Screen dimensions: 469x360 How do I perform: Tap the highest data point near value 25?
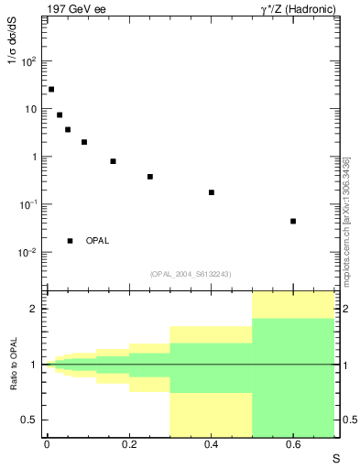pos(51,90)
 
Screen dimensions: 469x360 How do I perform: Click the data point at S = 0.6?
pos(293,221)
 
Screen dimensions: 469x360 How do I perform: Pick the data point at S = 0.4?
pos(212,192)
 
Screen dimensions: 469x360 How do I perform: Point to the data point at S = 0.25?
pos(149,176)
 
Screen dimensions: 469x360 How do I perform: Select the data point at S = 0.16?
pos(113,161)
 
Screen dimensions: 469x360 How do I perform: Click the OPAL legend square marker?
pos(70,241)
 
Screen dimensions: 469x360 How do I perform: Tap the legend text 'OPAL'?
pos(97,241)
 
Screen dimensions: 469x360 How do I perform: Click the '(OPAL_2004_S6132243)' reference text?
pos(190,274)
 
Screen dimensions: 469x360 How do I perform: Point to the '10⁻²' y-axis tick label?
pos(27,252)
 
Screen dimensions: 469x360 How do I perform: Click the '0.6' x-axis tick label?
pos(293,444)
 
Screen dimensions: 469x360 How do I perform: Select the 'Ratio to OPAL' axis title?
pos(14,365)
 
